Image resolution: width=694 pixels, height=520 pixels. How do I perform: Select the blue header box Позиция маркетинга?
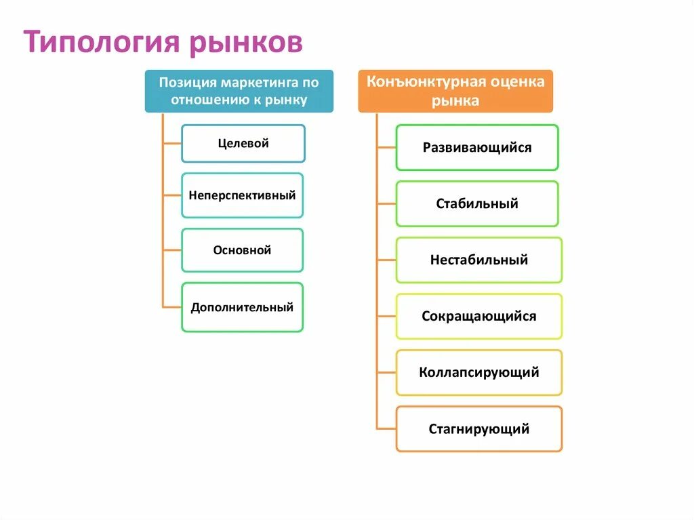pyautogui.click(x=239, y=91)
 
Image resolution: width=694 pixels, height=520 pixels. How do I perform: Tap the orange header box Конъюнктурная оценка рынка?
pyautogui.click(x=455, y=91)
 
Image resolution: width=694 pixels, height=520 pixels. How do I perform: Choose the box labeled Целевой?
pyautogui.click(x=243, y=143)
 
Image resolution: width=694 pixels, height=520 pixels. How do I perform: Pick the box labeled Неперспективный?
pyautogui.click(x=242, y=195)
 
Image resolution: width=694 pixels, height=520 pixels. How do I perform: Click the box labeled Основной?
pyautogui.click(x=242, y=250)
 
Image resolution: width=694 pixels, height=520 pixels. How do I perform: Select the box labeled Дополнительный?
pyautogui.click(x=242, y=307)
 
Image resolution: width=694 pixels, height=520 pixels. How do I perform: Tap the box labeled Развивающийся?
pyautogui.click(x=477, y=147)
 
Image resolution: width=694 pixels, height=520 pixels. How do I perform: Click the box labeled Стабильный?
pyautogui.click(x=477, y=203)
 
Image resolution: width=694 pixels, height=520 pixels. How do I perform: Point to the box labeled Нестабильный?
pyautogui.click(x=478, y=260)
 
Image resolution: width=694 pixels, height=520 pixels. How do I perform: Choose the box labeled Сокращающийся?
pyautogui.click(x=478, y=316)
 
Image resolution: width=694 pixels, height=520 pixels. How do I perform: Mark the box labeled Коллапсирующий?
pyautogui.click(x=478, y=372)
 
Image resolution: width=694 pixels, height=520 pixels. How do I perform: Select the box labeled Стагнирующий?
pyautogui.click(x=478, y=428)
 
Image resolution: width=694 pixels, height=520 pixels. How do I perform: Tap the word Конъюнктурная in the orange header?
pyautogui.click(x=426, y=82)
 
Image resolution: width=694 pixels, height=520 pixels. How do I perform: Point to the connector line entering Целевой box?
pyautogui.click(x=172, y=144)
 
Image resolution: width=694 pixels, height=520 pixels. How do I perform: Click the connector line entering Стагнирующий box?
pyautogui.click(x=386, y=428)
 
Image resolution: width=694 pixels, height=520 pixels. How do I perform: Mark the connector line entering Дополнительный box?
pyautogui.click(x=172, y=307)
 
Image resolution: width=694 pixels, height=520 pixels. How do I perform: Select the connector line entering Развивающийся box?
pyautogui.click(x=386, y=147)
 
